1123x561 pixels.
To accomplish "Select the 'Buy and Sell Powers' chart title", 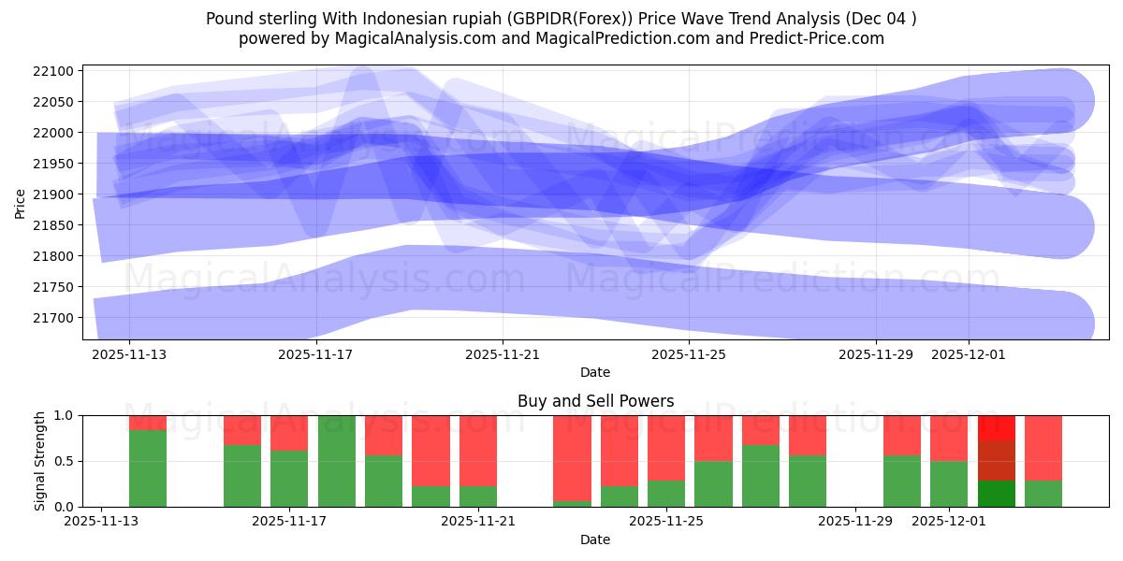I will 595,401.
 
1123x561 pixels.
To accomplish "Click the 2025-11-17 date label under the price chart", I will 315,354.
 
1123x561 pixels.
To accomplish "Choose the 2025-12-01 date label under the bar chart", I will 949,522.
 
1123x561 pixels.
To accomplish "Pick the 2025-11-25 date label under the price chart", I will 689,354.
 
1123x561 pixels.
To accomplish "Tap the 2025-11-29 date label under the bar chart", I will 856,522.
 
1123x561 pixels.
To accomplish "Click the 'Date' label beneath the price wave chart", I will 595,372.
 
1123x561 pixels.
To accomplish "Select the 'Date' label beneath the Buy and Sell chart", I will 595,539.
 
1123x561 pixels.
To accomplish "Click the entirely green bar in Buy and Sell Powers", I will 337,461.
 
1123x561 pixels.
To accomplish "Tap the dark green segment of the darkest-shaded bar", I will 997,494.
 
